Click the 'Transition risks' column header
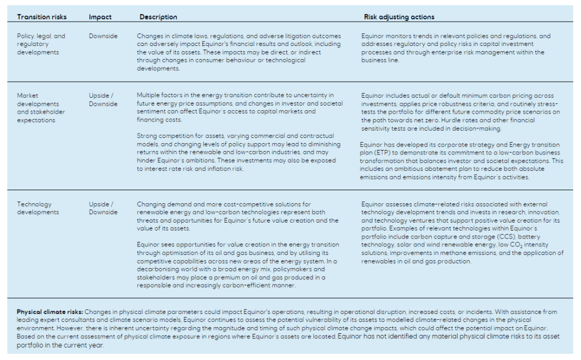(41, 17)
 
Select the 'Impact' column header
(100, 17)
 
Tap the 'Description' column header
(158, 17)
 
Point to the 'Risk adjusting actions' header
(399, 17)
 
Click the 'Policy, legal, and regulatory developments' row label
(41, 44)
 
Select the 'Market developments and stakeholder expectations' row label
(41, 108)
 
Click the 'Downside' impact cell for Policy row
(103, 36)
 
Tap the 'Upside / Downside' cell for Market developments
(103, 100)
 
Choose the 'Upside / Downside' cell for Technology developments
(103, 208)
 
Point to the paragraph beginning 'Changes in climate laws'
(239, 52)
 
